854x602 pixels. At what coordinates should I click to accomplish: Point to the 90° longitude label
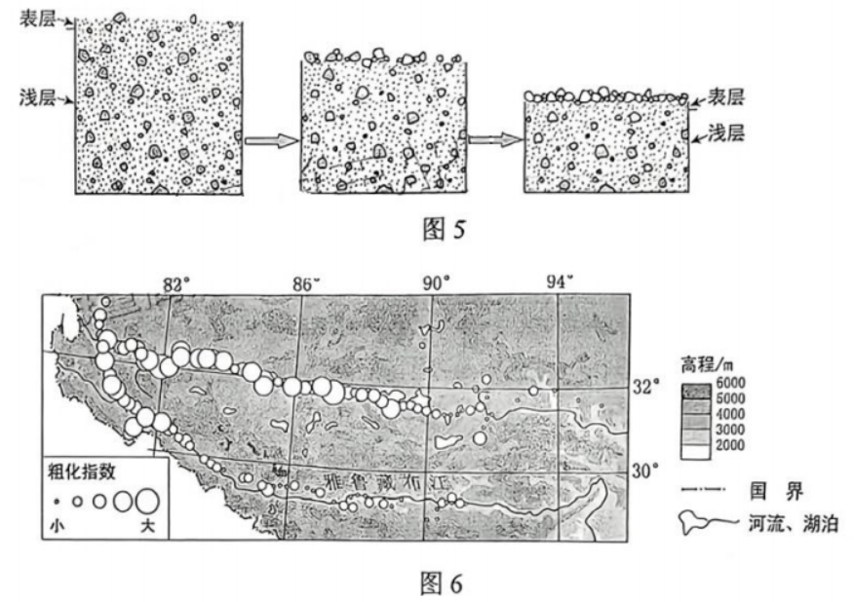pos(436,283)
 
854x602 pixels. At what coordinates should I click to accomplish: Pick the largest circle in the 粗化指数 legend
pos(147,501)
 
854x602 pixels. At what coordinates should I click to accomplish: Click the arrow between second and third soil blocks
pos(491,138)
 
